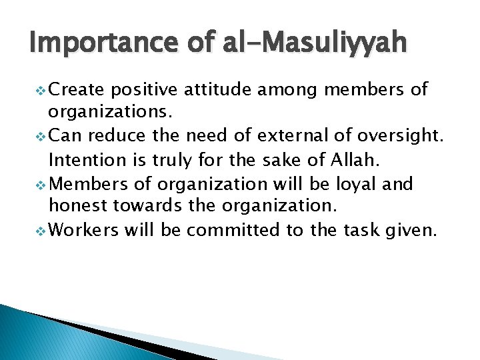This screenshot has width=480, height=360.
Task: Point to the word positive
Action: tap(145, 90)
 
